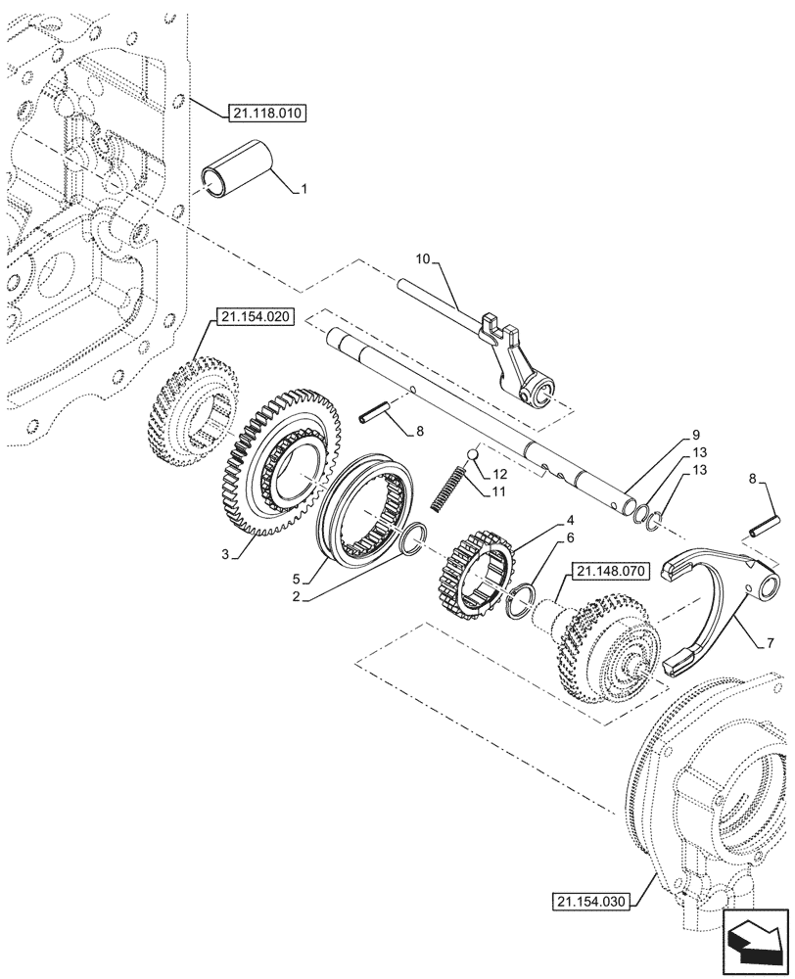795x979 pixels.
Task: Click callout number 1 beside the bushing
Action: tap(304, 188)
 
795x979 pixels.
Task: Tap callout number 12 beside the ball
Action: tap(500, 473)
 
